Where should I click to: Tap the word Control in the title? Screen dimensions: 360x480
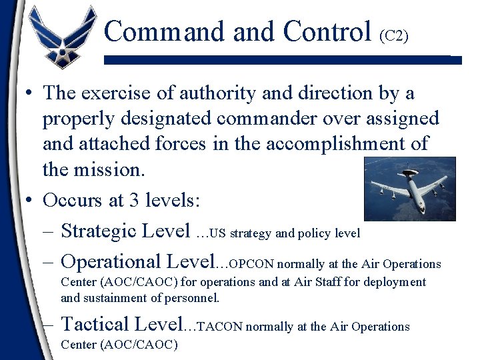tap(327, 31)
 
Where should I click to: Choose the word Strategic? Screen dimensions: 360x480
tap(102, 231)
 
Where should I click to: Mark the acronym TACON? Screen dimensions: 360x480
tap(222, 327)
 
